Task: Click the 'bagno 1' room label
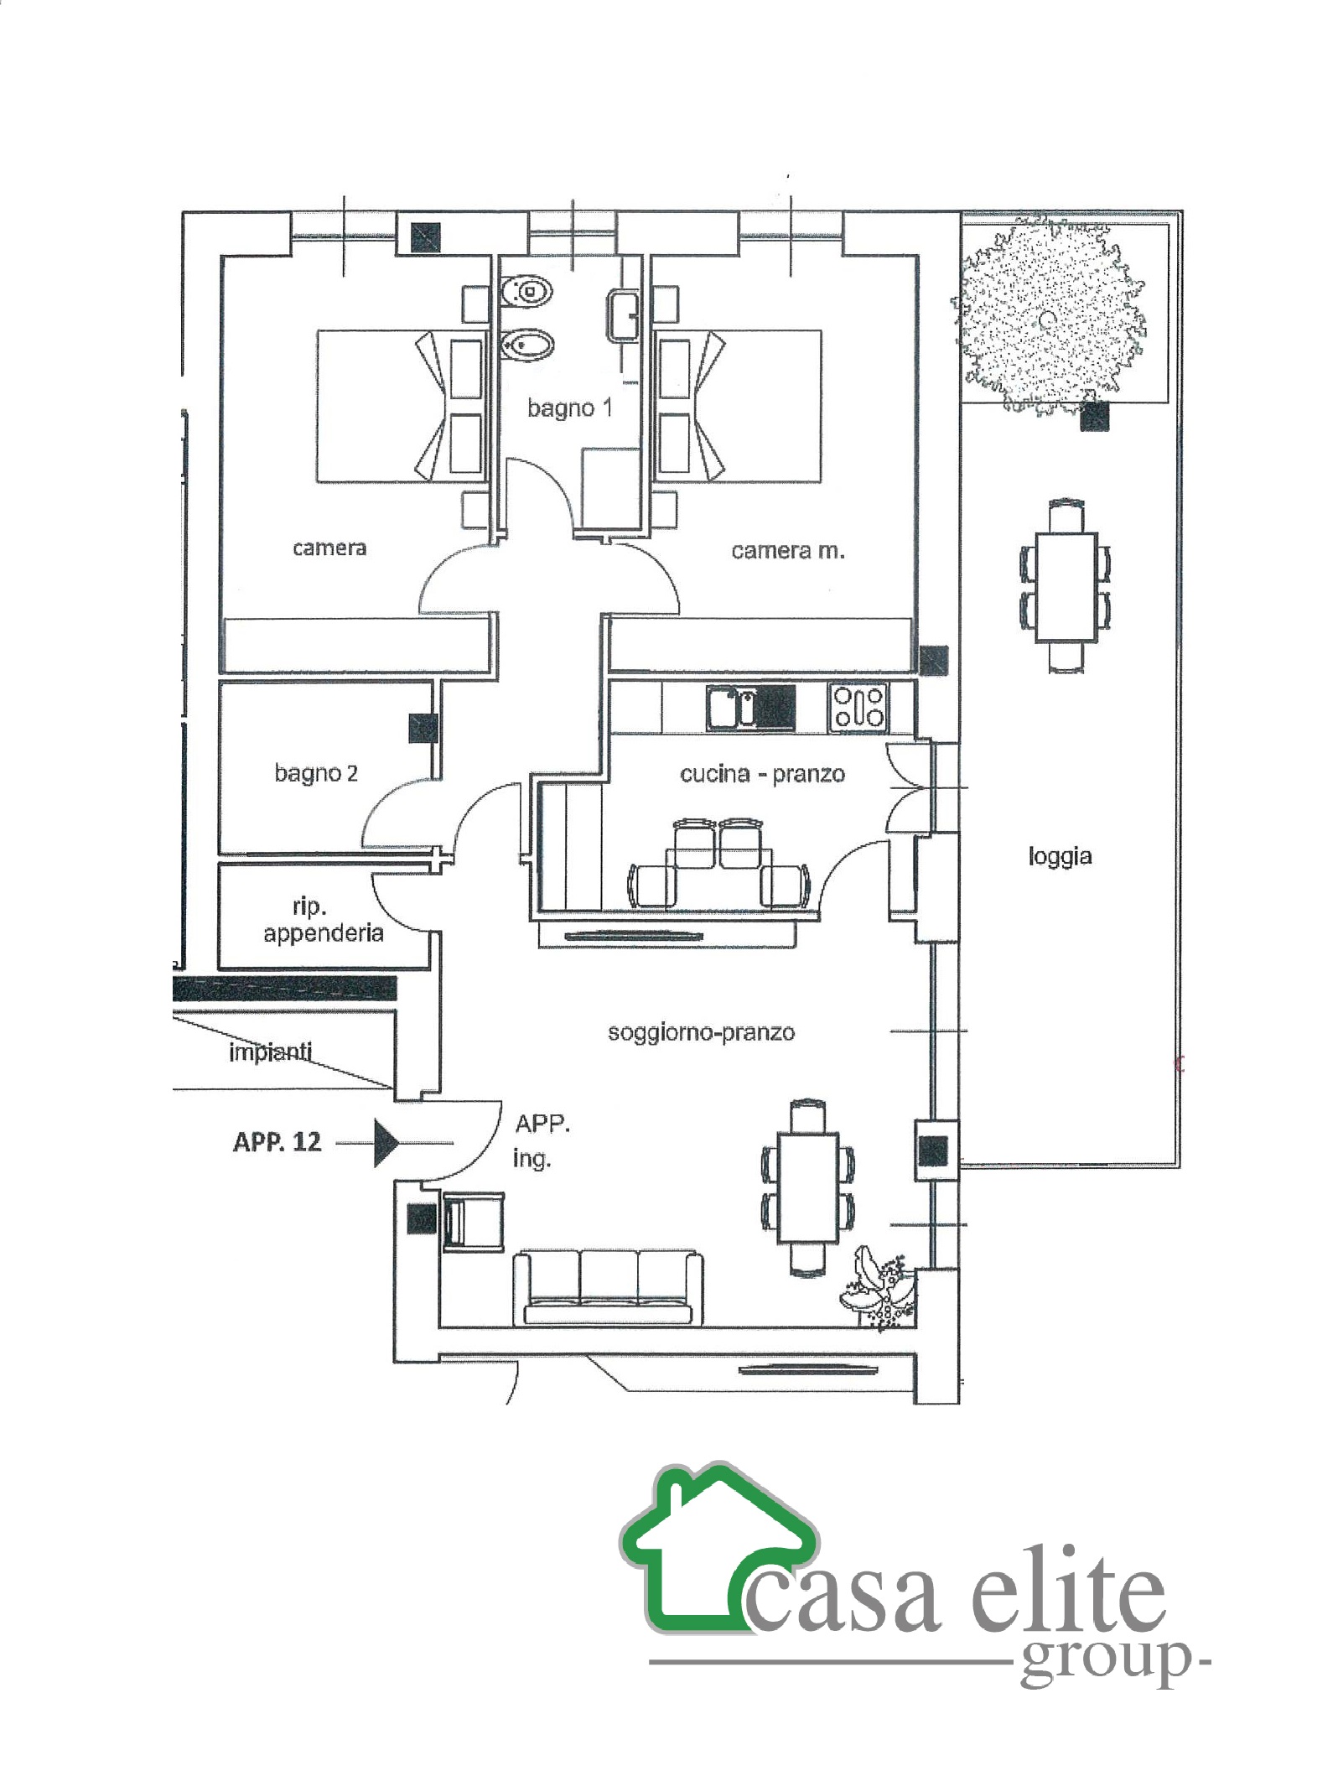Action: coord(569,408)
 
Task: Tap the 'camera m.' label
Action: coord(787,551)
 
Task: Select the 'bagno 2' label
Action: coord(316,772)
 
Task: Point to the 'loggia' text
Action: coord(1060,856)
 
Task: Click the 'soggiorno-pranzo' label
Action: coord(701,1032)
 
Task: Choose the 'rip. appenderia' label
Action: coord(324,920)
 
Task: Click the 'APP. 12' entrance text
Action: coord(277,1142)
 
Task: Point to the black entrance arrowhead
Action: coord(386,1142)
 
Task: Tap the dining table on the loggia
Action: coord(1066,587)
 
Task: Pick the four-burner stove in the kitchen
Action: coord(858,706)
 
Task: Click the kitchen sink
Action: coord(750,707)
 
